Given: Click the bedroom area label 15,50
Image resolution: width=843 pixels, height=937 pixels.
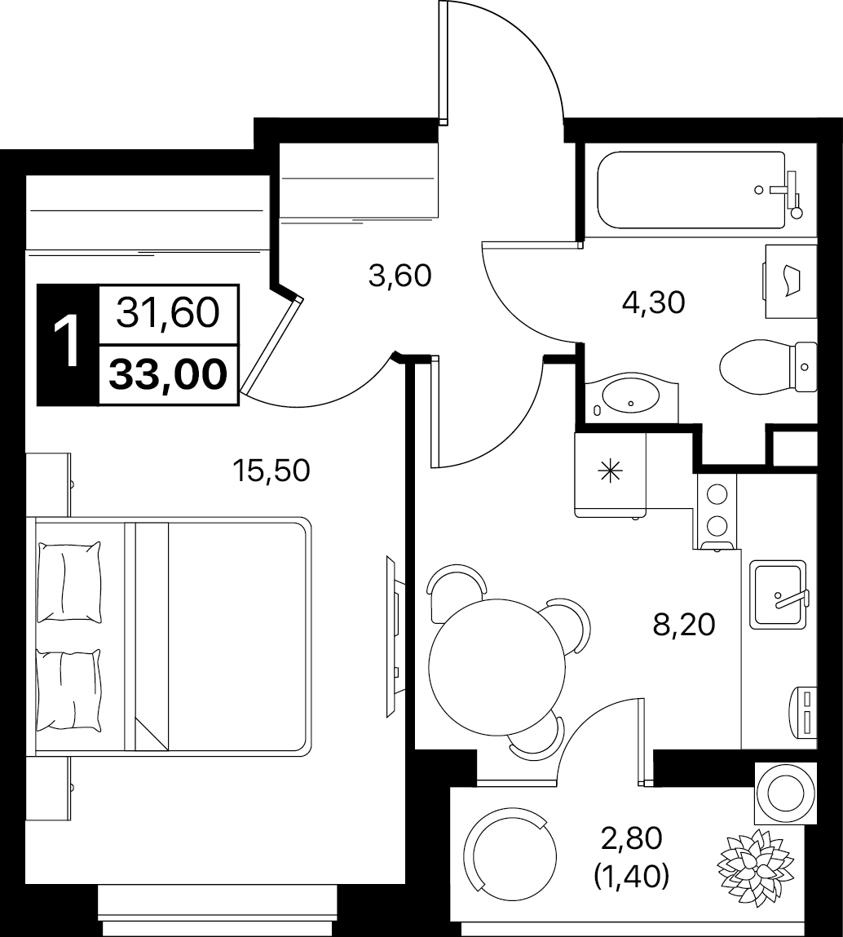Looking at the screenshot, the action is pos(271,471).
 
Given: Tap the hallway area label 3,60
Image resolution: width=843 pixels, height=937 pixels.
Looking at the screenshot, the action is pos(399,276).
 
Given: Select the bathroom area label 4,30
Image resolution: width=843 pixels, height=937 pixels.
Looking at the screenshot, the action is pos(653,303).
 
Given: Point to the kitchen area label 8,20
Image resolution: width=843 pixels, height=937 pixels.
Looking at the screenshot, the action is pos(683,625).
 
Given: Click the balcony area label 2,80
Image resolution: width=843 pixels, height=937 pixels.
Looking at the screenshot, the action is pos(632,839).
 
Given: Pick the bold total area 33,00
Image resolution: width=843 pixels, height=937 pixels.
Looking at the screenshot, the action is pos(169,375).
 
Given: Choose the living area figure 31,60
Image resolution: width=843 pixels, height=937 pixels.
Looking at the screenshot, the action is pos(169,313).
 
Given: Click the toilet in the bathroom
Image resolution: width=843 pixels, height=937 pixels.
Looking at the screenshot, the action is pos(768,365).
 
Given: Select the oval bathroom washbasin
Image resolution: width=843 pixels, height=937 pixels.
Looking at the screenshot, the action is pos(631,396).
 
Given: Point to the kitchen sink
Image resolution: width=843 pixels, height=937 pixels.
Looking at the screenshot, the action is pos(778,594).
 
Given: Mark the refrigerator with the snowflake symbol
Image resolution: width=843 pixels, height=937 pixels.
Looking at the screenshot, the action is pos(611,474).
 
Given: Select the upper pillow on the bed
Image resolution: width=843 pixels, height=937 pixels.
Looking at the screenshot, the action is pos(68,581).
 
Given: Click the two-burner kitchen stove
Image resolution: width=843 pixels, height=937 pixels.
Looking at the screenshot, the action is pos(717,511).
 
